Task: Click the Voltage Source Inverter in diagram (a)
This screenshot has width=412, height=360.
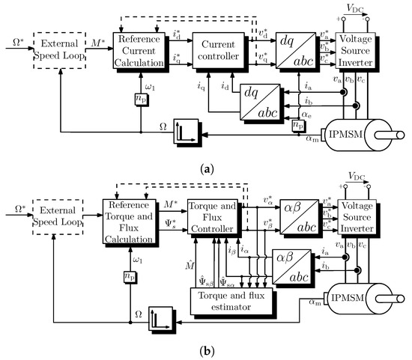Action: (360, 47)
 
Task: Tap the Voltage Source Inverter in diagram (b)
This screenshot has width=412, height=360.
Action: (360, 215)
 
